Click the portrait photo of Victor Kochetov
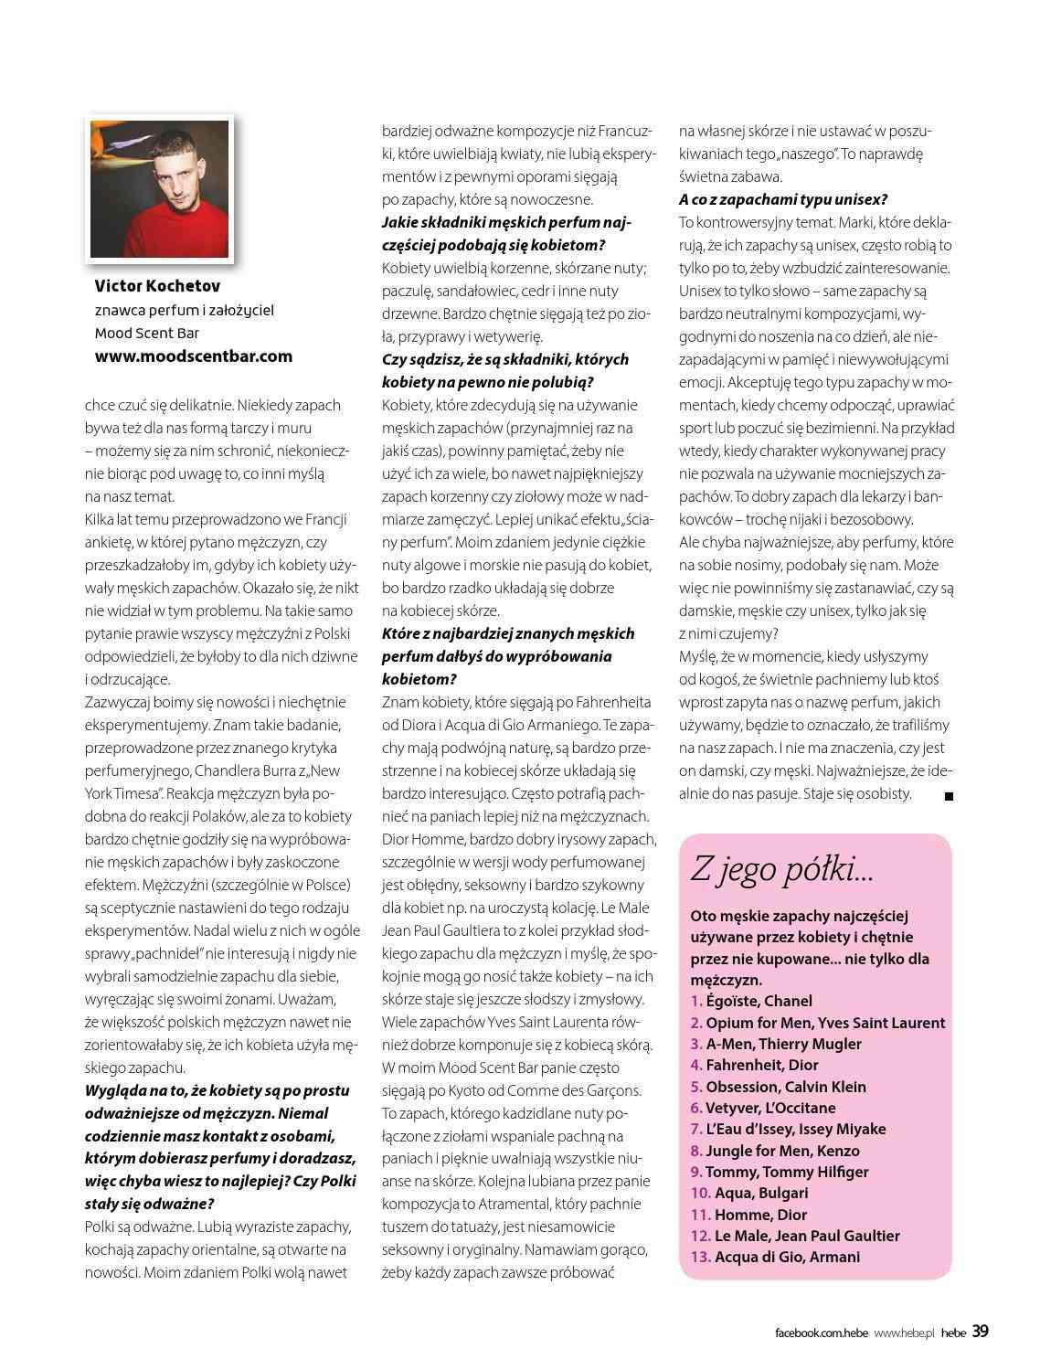[160, 188]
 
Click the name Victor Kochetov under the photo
[157, 287]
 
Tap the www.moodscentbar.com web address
[194, 356]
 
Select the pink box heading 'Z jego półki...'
[781, 869]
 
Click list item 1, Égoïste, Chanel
[751, 1001]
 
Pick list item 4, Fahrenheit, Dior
[754, 1065]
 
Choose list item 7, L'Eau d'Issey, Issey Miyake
[788, 1129]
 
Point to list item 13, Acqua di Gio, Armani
[775, 1257]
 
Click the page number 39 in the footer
[980, 1332]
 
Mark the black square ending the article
[949, 797]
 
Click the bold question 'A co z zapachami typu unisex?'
[783, 199]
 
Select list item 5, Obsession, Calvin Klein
[778, 1087]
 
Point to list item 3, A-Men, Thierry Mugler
[776, 1044]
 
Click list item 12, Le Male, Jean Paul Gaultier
[795, 1236]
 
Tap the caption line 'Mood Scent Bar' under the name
[146, 333]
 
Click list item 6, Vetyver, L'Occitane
[763, 1108]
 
